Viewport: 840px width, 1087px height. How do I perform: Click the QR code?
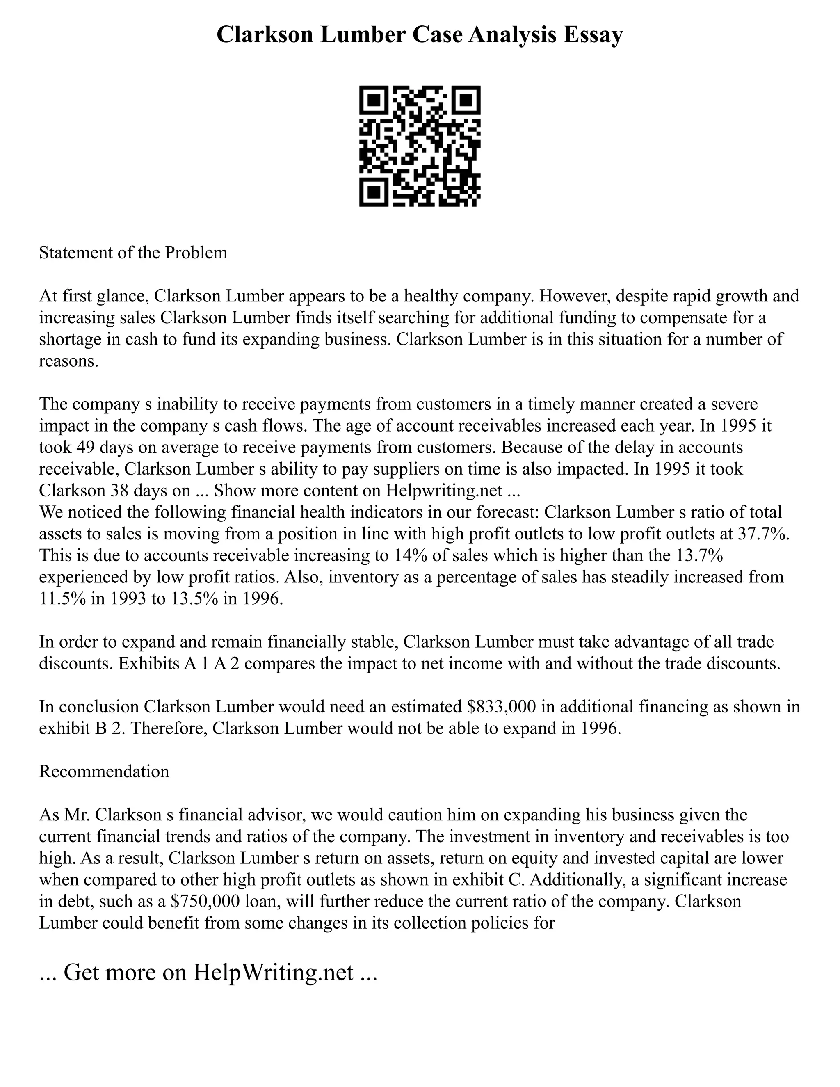[x=420, y=146]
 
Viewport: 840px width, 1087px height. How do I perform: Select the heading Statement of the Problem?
[x=133, y=253]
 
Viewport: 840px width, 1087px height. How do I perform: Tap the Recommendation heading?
[x=104, y=772]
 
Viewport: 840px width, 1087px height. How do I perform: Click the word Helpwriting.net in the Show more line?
[x=444, y=491]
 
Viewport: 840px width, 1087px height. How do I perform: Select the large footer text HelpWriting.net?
[x=273, y=973]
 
